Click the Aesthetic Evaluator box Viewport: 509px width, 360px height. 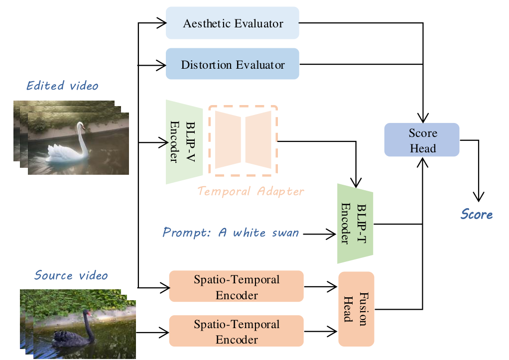232,23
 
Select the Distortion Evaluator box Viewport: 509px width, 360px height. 232,64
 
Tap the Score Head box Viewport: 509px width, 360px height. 422,140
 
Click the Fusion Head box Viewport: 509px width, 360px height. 356,309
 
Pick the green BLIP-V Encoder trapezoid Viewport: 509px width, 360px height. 184,141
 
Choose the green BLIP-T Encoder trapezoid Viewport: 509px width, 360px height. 355,224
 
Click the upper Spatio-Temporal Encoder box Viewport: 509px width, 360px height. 236,286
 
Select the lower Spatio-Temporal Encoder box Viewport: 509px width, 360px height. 236,331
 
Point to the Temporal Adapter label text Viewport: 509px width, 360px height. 251,191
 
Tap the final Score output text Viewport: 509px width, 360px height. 477,215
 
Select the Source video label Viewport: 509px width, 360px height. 71,275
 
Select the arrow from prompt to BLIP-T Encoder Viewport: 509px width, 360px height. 319,233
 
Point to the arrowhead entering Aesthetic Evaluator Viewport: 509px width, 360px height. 161,22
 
